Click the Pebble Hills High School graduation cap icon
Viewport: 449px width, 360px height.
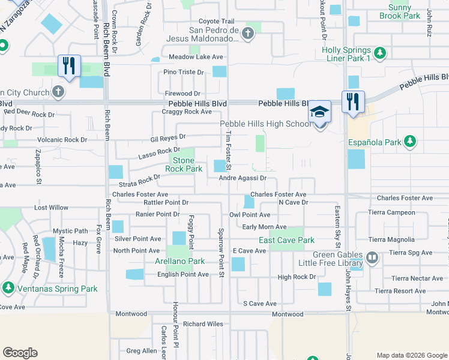tap(320, 112)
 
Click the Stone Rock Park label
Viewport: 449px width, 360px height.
tap(184, 164)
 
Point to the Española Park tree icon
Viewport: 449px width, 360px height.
tap(410, 142)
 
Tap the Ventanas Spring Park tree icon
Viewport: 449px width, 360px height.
tap(8, 288)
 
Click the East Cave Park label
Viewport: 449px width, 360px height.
tap(286, 240)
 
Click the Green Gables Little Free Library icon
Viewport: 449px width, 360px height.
tap(372, 257)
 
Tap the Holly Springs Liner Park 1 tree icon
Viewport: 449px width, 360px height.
tap(379, 54)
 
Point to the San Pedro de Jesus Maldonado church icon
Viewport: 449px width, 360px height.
tap(249, 35)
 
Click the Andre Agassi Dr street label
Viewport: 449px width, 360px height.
tap(243, 178)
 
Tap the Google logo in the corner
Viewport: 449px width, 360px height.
tap(20, 353)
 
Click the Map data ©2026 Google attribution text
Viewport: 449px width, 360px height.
tap(411, 355)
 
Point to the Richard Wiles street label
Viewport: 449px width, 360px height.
tap(203, 324)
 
